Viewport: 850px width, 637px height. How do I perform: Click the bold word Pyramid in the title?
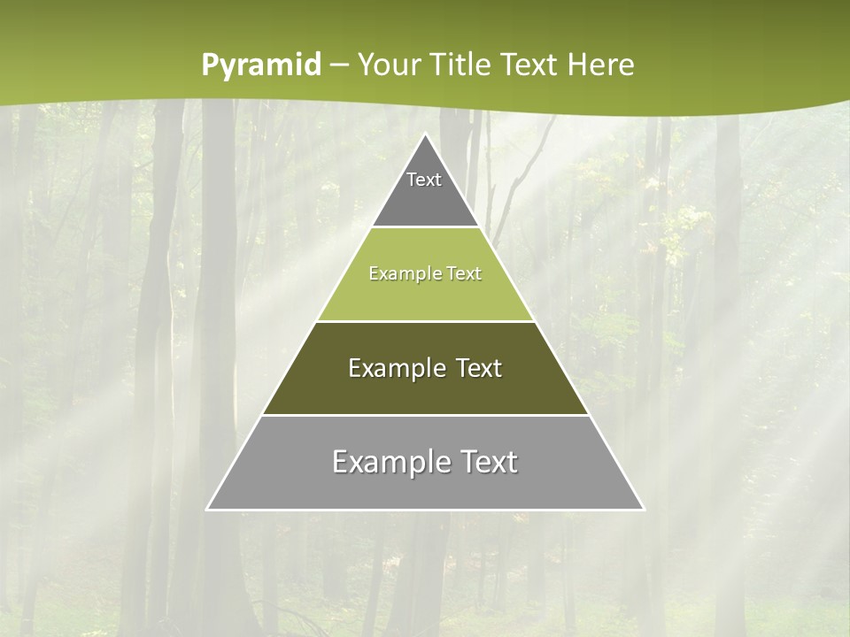261,65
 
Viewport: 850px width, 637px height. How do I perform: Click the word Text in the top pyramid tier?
424,180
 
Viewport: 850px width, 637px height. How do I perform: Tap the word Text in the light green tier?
464,274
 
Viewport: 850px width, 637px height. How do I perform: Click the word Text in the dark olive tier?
479,368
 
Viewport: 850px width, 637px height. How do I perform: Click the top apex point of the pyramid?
425,134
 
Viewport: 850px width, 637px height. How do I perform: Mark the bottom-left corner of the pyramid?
207,510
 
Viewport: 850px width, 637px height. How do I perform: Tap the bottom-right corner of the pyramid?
644,510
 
